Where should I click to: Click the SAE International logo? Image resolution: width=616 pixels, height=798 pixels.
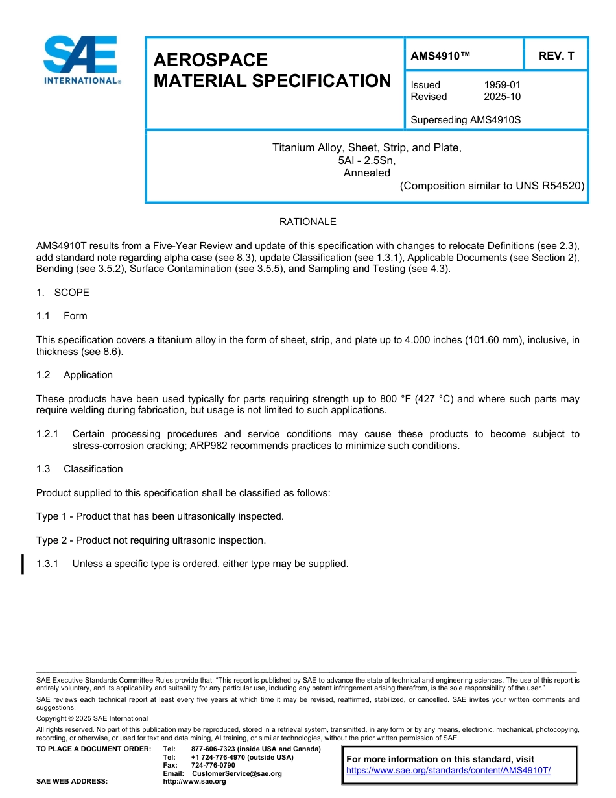[x=81, y=60]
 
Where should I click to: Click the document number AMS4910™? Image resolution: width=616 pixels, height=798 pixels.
[x=440, y=56]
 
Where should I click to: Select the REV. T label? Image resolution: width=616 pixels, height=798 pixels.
[x=556, y=56]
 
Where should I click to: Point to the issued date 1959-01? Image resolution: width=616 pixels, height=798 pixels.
[x=502, y=85]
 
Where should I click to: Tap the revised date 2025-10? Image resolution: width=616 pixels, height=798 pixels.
[x=502, y=97]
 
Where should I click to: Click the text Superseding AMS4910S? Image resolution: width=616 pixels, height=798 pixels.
[x=466, y=120]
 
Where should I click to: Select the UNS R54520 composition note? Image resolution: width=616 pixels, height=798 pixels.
[x=492, y=186]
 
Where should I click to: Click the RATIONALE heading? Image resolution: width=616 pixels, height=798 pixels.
[x=307, y=222]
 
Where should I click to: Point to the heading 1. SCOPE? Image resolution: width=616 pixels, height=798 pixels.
[x=63, y=293]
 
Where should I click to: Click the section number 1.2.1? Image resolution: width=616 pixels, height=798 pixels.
[x=47, y=434]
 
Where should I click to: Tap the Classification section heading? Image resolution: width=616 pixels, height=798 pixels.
[x=93, y=469]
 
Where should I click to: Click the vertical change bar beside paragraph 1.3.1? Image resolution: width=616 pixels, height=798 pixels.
[x=23, y=564]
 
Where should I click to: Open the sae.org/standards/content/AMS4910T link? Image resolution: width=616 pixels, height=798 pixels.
[x=448, y=771]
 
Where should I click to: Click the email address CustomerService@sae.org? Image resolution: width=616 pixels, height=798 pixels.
[x=237, y=773]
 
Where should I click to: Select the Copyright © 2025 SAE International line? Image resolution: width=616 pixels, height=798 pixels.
[x=92, y=718]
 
